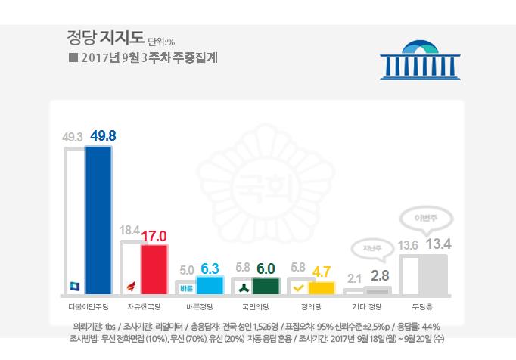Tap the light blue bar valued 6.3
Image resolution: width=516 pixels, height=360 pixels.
(x=210, y=285)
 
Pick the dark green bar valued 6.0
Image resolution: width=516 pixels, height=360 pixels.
(x=266, y=285)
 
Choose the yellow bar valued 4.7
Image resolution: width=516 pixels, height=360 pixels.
(x=322, y=287)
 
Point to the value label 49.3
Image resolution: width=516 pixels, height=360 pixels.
(x=73, y=138)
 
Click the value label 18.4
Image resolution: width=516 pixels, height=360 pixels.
(x=129, y=229)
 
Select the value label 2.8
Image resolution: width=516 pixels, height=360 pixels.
(x=380, y=275)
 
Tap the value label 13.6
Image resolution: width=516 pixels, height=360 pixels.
(x=408, y=244)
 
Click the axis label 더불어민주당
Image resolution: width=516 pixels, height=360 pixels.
(x=88, y=307)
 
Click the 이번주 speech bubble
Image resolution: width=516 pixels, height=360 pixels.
(x=422, y=219)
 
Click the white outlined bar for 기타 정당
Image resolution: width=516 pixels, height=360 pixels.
(x=353, y=290)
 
